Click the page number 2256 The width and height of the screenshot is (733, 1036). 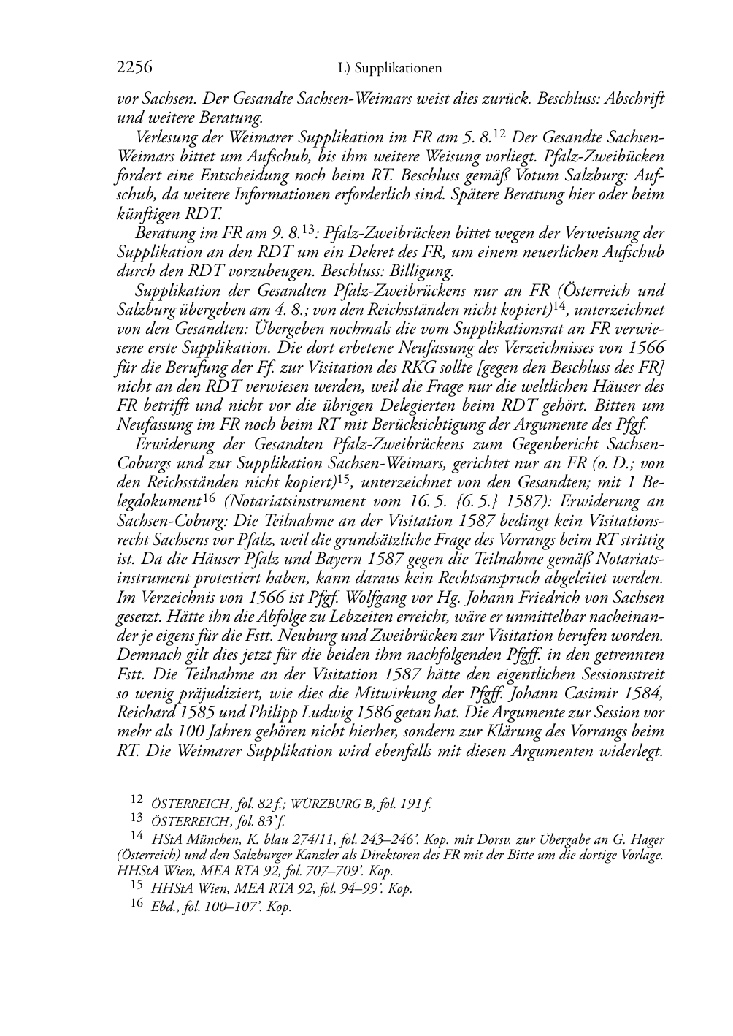(134, 68)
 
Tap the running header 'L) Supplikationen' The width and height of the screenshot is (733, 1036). (391, 69)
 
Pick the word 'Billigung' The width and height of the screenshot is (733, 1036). (423, 271)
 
